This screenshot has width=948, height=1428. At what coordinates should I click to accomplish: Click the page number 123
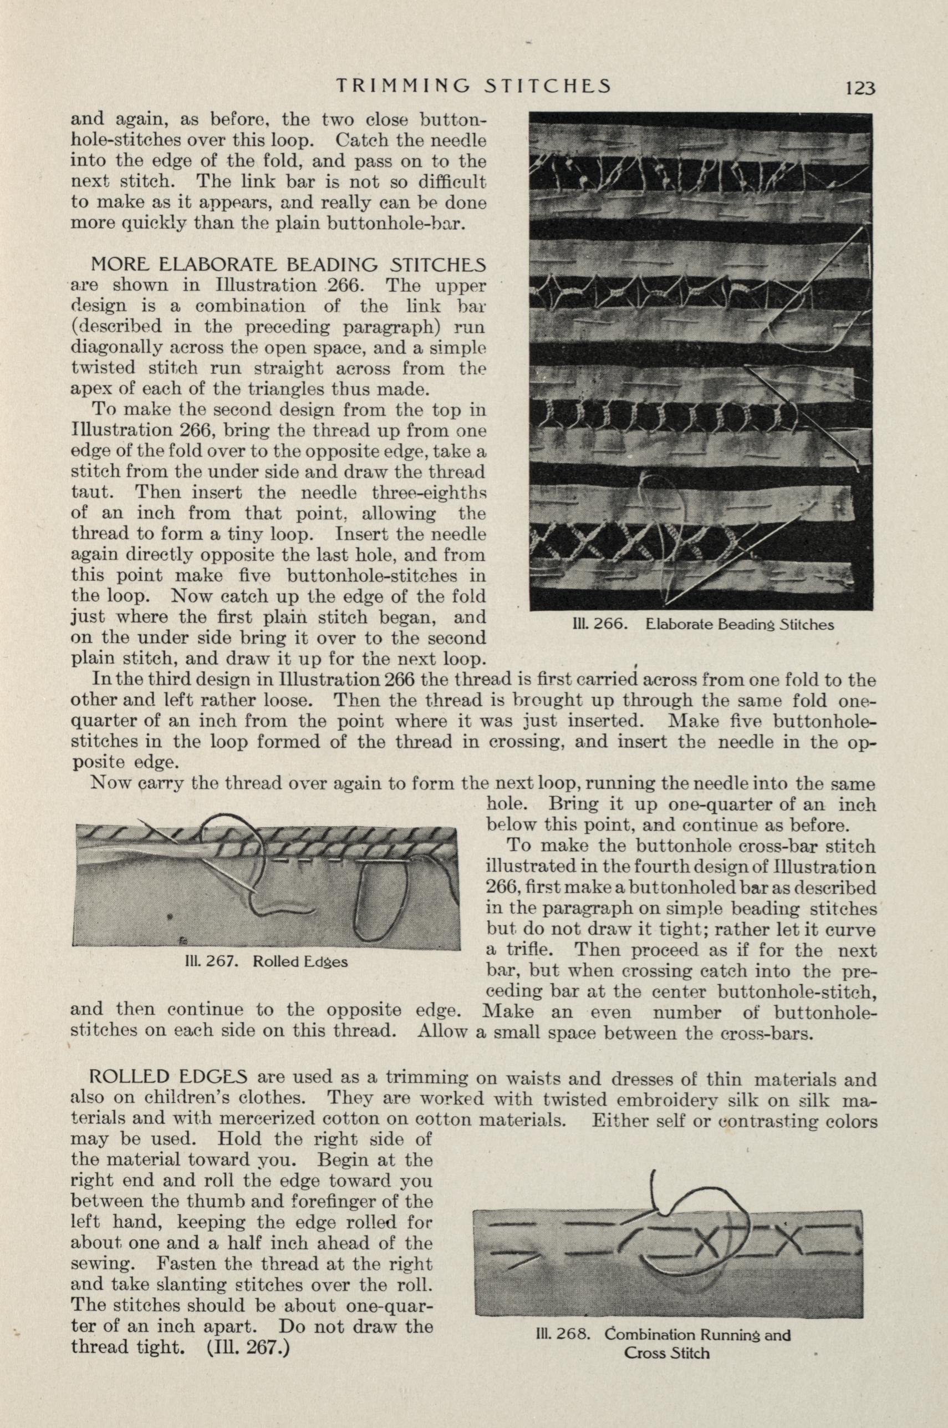pyautogui.click(x=860, y=88)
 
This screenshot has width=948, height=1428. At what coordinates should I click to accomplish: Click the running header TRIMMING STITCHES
pyautogui.click(x=473, y=86)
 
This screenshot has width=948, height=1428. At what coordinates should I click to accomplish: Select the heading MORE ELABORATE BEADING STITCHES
pyautogui.click(x=288, y=265)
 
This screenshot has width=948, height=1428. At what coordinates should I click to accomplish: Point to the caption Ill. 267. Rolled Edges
pyautogui.click(x=266, y=961)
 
